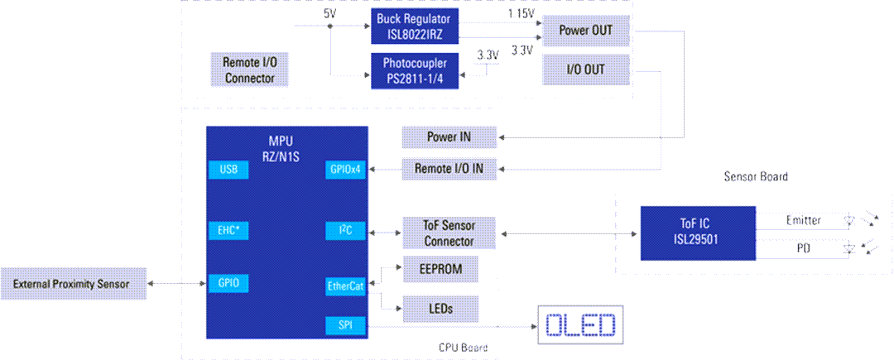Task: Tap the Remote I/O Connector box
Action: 249,70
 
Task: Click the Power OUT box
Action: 585,31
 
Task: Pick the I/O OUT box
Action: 585,70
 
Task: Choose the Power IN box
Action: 449,137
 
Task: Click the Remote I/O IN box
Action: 449,170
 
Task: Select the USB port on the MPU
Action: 228,170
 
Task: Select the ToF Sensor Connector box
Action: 449,233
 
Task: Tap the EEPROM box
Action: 440,269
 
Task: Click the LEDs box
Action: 440,307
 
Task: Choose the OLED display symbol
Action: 580,324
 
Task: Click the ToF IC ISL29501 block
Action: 697,233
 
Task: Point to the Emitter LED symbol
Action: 848,221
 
